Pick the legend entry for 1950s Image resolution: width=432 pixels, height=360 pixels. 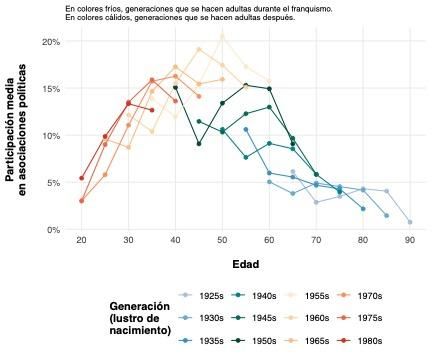[267, 340]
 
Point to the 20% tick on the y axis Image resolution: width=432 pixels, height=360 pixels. [52, 41]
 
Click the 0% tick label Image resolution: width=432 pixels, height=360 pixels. [55, 230]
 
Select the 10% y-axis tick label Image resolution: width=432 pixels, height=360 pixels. [52, 136]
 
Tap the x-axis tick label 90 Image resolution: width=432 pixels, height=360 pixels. [410, 241]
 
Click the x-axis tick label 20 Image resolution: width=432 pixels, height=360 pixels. [81, 241]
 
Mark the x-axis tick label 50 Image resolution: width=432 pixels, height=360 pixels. [222, 241]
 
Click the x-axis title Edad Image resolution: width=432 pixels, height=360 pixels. [245, 265]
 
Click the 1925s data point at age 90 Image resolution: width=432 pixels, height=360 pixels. [410, 222]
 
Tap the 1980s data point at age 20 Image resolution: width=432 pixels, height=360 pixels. [81, 178]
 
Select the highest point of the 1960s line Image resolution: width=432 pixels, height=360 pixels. [222, 35]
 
